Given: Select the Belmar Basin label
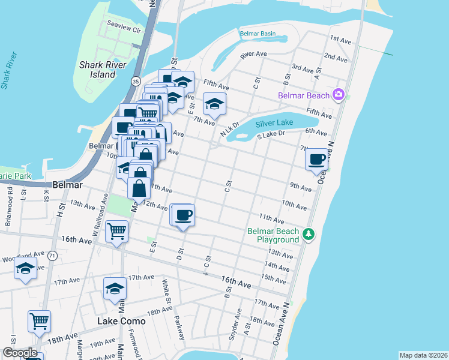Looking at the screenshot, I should [x=258, y=34].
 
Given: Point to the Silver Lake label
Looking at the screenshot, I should [x=274, y=123].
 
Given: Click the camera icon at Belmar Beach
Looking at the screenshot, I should [x=339, y=95].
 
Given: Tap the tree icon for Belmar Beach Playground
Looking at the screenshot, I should [x=309, y=234].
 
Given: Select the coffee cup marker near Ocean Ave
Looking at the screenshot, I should [x=316, y=159].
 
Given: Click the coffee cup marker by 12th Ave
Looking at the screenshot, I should [x=184, y=214].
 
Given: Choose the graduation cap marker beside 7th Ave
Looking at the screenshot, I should [x=214, y=104].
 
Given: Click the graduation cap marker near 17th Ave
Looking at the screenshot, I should [x=115, y=289].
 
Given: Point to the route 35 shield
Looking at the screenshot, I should [x=136, y=81].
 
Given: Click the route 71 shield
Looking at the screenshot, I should [x=53, y=256].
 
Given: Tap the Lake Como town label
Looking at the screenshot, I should [x=122, y=322].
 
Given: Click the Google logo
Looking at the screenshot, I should [x=19, y=353].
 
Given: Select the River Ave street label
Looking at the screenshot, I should [x=253, y=54].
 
